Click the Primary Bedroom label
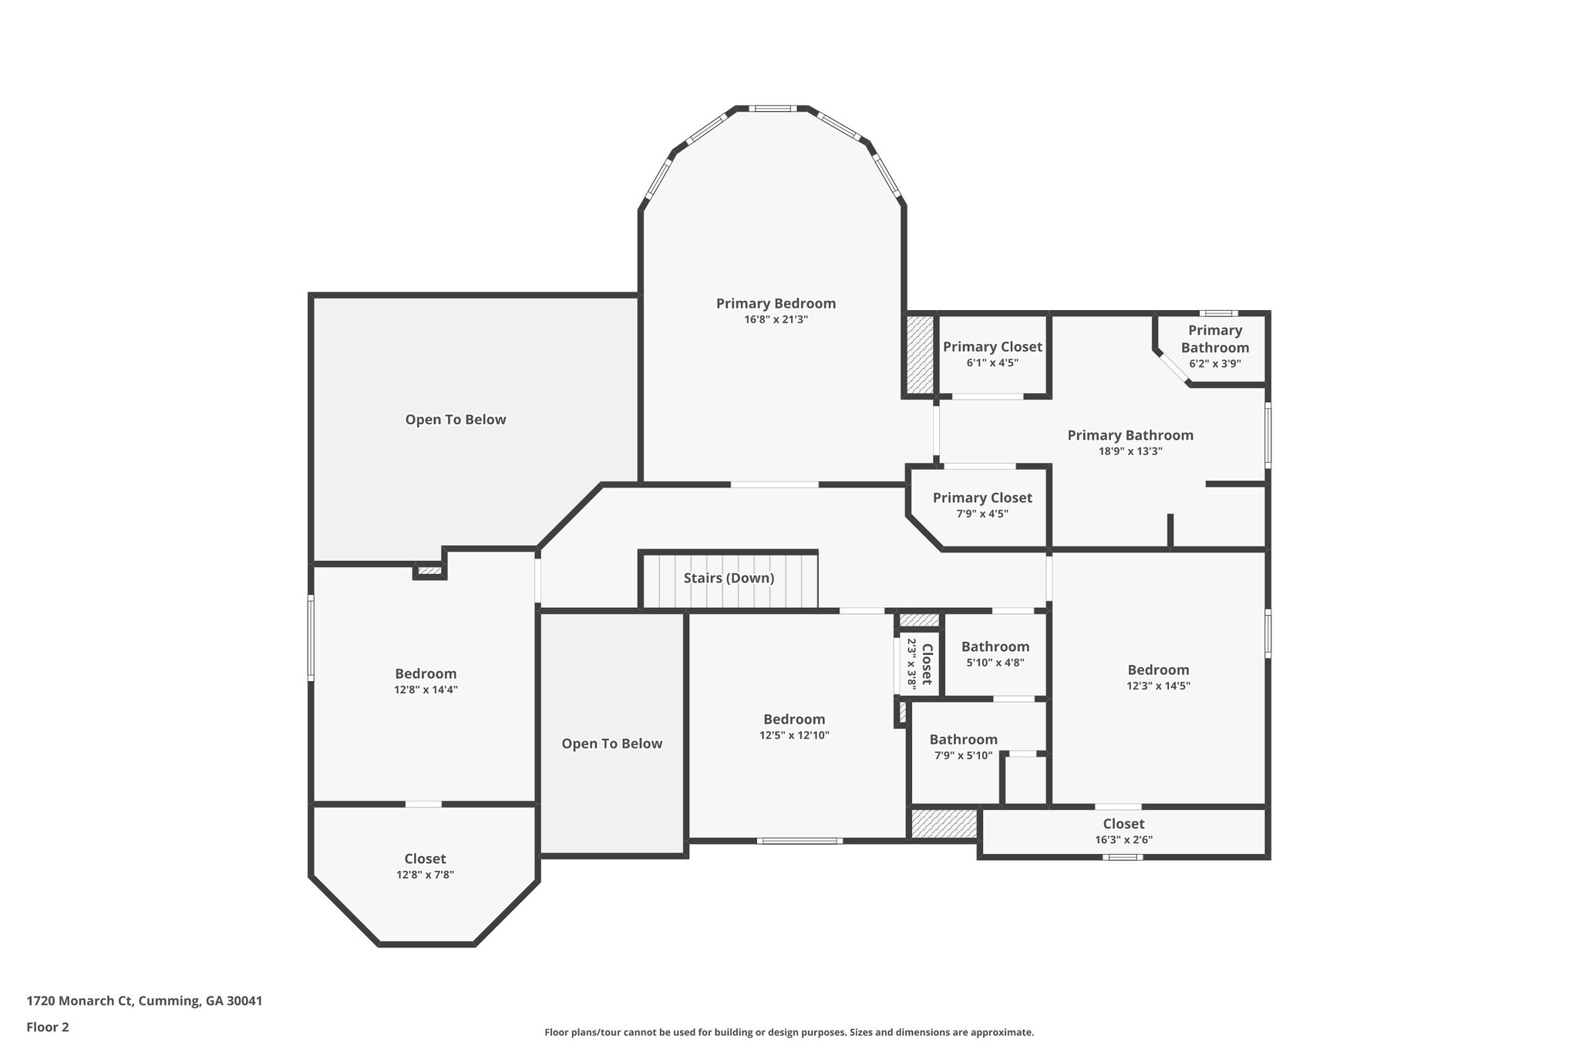pyautogui.click(x=776, y=303)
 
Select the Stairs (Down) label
pyautogui.click(x=729, y=578)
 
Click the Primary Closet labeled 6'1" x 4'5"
pyautogui.click(x=992, y=347)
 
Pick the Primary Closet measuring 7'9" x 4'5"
pyautogui.click(x=982, y=498)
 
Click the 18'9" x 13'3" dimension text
pyautogui.click(x=1130, y=452)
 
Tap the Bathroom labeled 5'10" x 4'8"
pyautogui.click(x=995, y=646)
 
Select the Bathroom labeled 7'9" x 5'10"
pyautogui.click(x=963, y=739)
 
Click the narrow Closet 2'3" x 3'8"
pyautogui.click(x=919, y=663)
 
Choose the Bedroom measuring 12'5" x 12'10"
pyautogui.click(x=794, y=719)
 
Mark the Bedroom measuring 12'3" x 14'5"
pyautogui.click(x=1158, y=670)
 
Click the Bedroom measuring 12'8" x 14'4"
pyautogui.click(x=426, y=673)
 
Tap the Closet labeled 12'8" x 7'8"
pyautogui.click(x=425, y=859)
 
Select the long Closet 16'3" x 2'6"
pyautogui.click(x=1123, y=824)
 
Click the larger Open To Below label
pyautogui.click(x=456, y=420)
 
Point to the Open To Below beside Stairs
pyautogui.click(x=611, y=744)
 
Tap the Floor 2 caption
pyautogui.click(x=48, y=1027)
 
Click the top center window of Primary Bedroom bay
pyautogui.click(x=773, y=109)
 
